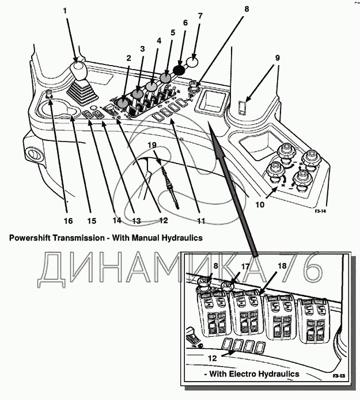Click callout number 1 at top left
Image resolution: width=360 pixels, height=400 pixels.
(65, 12)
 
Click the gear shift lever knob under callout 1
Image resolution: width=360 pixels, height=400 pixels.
(78, 71)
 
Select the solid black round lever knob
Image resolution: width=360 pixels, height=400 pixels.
(179, 70)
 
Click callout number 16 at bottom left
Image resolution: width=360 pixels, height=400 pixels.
(67, 221)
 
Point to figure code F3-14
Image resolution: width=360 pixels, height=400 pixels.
(321, 211)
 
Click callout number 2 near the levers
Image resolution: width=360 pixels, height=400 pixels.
(128, 58)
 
